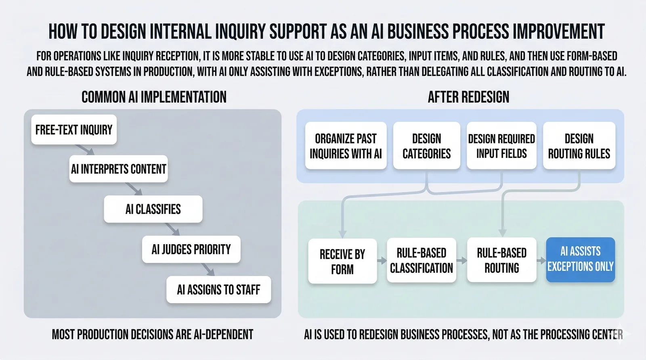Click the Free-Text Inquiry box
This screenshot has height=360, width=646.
74,130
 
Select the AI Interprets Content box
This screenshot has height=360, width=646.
118,169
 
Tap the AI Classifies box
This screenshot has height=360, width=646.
153,209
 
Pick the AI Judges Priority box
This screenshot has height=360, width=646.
191,249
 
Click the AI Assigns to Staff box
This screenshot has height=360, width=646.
218,289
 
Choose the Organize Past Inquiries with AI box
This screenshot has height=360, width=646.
346,146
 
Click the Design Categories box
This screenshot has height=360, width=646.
426,146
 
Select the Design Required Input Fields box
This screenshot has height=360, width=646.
501,146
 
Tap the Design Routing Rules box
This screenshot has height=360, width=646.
579,146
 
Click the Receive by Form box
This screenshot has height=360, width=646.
342,261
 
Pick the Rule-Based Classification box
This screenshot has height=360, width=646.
421,260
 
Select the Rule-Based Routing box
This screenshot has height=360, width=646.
501,260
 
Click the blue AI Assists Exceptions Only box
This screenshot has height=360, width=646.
580,259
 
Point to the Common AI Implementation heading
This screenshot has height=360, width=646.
154,97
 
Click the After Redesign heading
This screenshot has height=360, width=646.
468,97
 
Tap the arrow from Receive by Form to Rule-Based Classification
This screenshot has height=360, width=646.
382,261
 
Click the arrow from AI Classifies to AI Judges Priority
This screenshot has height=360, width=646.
172,229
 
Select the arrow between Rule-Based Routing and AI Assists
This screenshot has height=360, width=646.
541,261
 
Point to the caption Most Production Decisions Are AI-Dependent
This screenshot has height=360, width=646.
153,334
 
